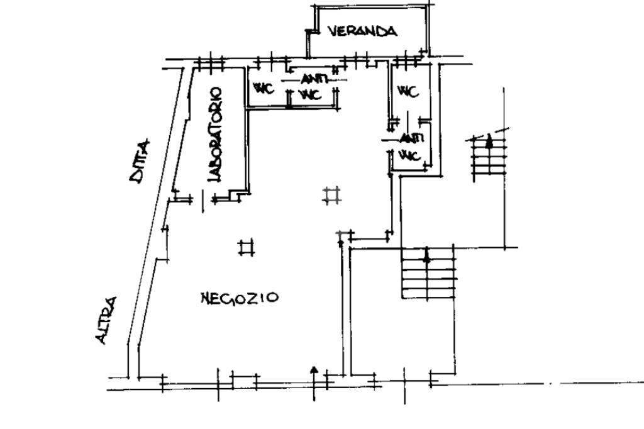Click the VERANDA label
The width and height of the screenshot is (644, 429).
[x=362, y=31]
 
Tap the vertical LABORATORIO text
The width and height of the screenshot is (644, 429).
[x=215, y=135]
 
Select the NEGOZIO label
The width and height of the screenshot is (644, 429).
[x=239, y=297]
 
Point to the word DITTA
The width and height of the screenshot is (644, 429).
[x=140, y=161]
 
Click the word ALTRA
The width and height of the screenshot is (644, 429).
[x=106, y=320]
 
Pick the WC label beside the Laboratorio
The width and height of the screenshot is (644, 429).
[x=264, y=89]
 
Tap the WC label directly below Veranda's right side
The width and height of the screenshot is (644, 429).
[x=408, y=92]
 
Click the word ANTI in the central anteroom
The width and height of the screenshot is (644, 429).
[x=313, y=80]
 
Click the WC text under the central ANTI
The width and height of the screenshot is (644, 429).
[x=311, y=95]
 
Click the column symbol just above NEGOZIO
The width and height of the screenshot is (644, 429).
[x=247, y=247]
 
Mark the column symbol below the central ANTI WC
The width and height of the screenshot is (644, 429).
[x=331, y=196]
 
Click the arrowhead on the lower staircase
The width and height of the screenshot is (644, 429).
[x=427, y=256]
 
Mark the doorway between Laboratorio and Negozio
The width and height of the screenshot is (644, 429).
[x=203, y=201]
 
